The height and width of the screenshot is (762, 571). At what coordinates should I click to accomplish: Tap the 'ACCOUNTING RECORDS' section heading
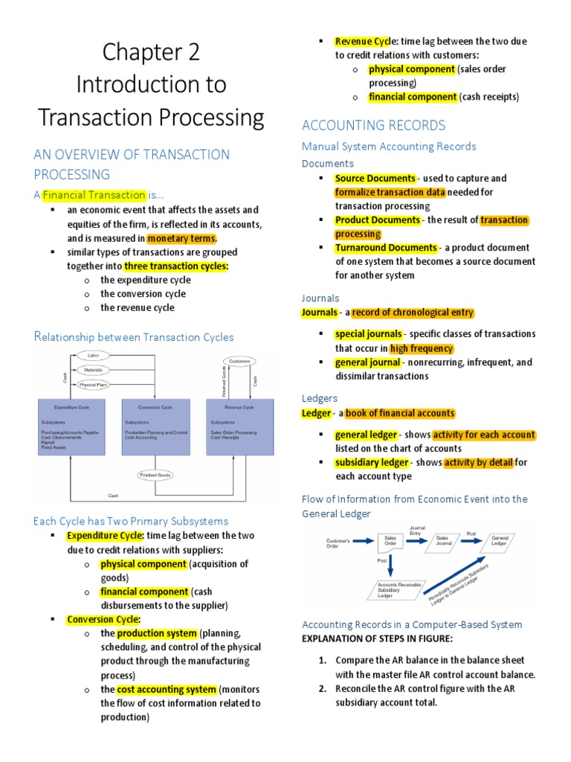tap(373, 125)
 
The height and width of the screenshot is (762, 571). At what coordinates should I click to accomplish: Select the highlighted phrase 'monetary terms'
tap(181, 239)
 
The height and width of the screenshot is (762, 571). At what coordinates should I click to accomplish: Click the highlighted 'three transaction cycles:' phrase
tap(176, 266)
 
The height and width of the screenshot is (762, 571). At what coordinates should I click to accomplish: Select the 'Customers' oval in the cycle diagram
tap(240, 361)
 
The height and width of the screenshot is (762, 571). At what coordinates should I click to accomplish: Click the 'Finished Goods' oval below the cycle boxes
tap(155, 474)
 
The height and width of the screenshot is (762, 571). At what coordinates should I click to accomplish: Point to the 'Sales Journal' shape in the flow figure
tap(442, 540)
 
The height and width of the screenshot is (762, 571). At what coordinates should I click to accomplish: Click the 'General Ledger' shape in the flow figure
tap(500, 540)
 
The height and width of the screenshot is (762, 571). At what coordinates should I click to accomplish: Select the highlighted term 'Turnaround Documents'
tap(385, 247)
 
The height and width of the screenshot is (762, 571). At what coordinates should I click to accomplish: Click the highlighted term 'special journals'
tap(369, 334)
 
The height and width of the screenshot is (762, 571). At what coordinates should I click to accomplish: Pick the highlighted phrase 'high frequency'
tap(421, 348)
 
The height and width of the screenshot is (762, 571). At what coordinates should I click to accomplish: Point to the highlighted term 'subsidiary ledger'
tap(371, 462)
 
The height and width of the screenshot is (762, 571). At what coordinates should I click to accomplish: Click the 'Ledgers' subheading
tap(319, 399)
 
